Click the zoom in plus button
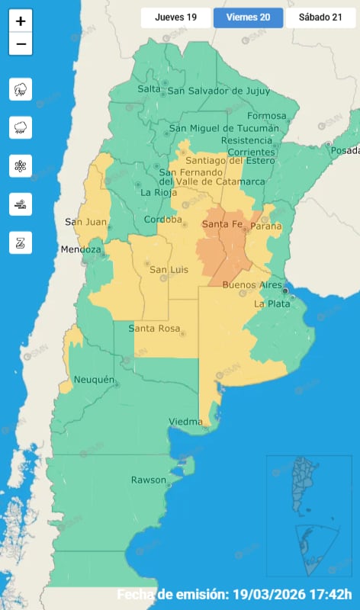(x=21, y=21)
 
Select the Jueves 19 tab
(x=175, y=18)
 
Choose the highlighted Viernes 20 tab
(x=248, y=18)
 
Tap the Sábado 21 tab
(x=320, y=18)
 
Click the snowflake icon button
(x=21, y=165)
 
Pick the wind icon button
(x=21, y=204)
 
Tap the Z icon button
(x=21, y=243)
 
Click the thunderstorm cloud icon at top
(x=21, y=89)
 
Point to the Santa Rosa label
(x=154, y=329)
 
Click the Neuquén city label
(x=94, y=379)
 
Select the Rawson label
(x=148, y=480)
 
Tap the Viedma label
(x=185, y=422)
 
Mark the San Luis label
(x=168, y=270)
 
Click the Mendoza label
(x=82, y=249)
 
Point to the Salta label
(x=149, y=89)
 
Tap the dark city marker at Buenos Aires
(x=285, y=291)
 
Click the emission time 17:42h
(x=333, y=594)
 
